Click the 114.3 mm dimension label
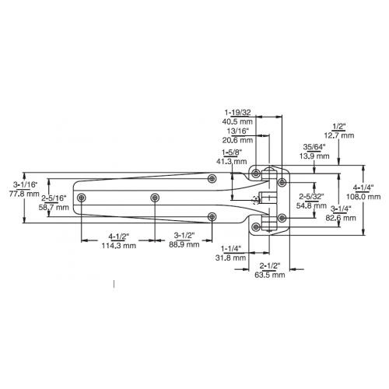coord(118,245)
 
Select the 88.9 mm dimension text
coord(184,244)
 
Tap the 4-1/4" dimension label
coord(363,187)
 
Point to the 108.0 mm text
coord(363,197)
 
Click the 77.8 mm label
coord(24,194)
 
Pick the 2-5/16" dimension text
coord(54,198)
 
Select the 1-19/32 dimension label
coord(237,112)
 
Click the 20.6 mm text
coord(237,140)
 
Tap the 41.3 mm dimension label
coord(231,161)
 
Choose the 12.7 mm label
coord(339,135)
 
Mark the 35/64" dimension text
coord(314,147)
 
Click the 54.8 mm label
coord(311,205)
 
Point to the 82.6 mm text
coord(341,218)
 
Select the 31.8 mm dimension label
coord(230,258)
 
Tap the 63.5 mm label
coord(270,275)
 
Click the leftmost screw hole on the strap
coord(82,198)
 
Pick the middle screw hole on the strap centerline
coord(155,198)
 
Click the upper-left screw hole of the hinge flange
coord(256,173)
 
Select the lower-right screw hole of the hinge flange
coord(282,218)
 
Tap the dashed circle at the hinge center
coord(256,200)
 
